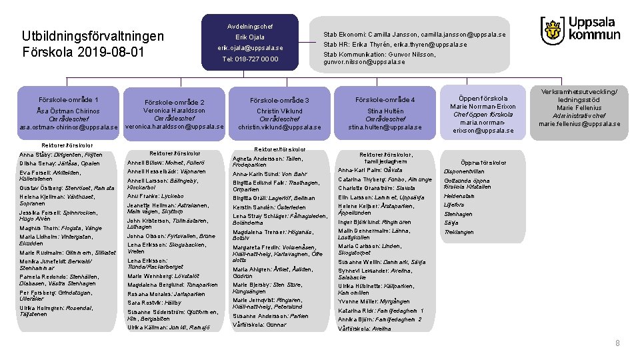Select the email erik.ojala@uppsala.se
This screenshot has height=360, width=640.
click(249, 48)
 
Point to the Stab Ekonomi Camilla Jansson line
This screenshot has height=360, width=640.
click(414, 34)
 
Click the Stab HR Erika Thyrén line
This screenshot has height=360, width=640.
click(395, 45)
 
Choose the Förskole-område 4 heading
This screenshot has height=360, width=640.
click(385, 100)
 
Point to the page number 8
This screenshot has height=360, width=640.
click(617, 343)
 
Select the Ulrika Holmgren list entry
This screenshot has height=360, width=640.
click(57, 311)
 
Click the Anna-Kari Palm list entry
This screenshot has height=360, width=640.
click(370, 169)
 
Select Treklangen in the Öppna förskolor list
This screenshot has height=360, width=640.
click(459, 232)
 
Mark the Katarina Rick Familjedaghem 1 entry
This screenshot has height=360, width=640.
click(381, 311)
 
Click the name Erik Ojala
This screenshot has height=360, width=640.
click(249, 37)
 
